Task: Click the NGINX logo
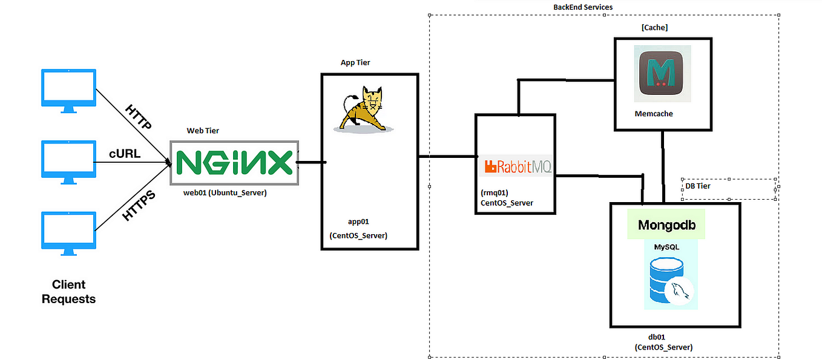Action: [234, 163]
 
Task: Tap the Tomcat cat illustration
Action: [362, 109]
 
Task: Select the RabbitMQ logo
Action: [516, 166]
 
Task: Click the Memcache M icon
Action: [662, 73]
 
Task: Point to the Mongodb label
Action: [666, 225]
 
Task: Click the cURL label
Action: [124, 154]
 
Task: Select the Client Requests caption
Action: [68, 292]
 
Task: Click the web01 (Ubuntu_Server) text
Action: [225, 192]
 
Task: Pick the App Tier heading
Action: [355, 63]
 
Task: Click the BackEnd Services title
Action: [582, 7]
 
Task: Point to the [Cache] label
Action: [654, 28]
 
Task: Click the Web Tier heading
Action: [203, 131]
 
